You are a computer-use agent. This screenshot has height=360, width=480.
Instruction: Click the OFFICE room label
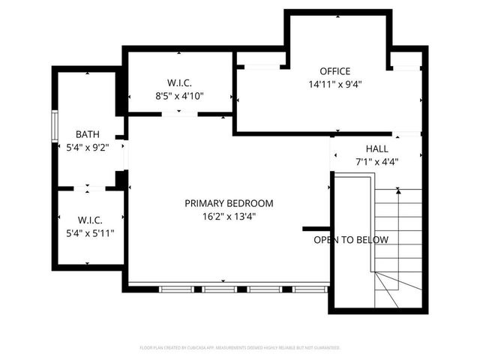click(334, 71)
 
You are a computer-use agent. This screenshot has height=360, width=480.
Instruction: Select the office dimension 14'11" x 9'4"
click(334, 85)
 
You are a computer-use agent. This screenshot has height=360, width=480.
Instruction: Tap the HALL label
click(376, 148)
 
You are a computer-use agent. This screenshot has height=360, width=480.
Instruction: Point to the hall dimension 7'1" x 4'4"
click(376, 161)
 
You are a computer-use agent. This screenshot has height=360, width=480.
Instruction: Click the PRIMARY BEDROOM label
click(229, 203)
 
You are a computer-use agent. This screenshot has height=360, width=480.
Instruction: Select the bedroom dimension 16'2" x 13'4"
click(229, 216)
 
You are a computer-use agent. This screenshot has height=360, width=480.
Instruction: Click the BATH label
click(87, 134)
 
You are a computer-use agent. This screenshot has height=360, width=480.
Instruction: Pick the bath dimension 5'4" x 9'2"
click(87, 147)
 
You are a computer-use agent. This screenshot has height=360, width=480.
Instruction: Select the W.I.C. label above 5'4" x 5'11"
click(89, 220)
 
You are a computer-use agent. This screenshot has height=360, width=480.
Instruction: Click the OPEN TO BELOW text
click(350, 240)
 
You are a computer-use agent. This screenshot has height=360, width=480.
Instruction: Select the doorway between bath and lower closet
click(88, 187)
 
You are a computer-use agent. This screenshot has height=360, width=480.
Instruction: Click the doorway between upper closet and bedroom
click(180, 115)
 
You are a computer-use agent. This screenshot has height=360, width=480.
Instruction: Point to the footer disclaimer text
click(240, 348)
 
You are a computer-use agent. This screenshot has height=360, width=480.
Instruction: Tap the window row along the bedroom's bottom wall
click(229, 288)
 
